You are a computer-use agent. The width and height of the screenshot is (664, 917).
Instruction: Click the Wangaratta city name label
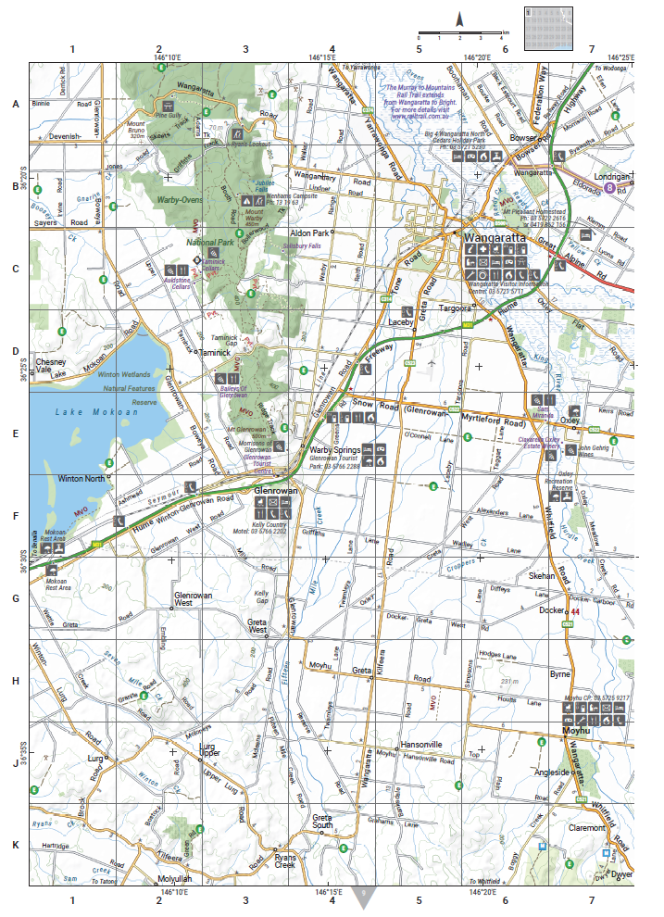pyautogui.click(x=494, y=237)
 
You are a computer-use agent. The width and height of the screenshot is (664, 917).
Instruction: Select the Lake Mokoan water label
pyautogui.click(x=84, y=412)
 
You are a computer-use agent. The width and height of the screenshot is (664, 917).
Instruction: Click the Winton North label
pyautogui.click(x=82, y=479)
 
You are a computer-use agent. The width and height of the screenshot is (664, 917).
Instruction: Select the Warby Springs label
pyautogui.click(x=334, y=450)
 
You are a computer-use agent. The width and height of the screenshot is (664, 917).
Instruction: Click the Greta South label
pyautogui.click(x=321, y=822)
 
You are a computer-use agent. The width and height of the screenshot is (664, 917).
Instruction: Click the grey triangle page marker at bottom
pyautogui.click(x=366, y=896)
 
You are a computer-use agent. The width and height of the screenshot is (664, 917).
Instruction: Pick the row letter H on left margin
pyautogui.click(x=15, y=681)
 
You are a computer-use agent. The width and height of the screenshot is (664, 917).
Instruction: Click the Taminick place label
pyautogui.click(x=222, y=354)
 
